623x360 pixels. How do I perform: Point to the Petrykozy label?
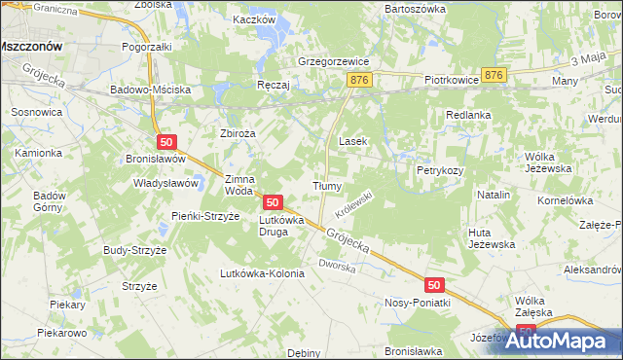point(440,170)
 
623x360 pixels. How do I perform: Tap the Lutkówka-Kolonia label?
point(263,273)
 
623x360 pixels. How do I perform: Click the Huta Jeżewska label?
point(492,237)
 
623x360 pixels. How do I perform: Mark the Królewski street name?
point(354,202)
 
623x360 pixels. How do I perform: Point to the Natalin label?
point(494,195)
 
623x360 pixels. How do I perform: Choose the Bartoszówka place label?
point(416,8)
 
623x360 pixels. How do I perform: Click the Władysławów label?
point(165,182)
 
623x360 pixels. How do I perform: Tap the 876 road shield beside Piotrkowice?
point(495,75)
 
